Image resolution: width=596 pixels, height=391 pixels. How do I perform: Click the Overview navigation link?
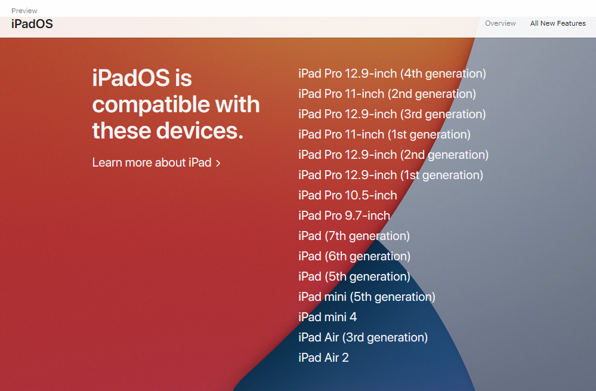point(500,23)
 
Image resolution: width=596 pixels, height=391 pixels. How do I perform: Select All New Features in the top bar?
point(558,23)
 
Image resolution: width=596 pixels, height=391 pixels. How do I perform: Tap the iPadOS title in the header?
point(32,24)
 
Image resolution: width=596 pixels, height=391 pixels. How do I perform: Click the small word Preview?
point(24,11)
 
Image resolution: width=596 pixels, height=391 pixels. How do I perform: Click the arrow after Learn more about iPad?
point(218,163)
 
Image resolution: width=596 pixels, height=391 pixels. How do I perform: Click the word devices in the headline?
point(199,131)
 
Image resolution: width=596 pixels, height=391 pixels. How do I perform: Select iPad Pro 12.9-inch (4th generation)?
point(393,73)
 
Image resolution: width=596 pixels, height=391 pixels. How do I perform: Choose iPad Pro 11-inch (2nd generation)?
point(387,94)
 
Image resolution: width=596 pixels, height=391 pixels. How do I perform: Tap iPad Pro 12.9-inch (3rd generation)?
point(392,114)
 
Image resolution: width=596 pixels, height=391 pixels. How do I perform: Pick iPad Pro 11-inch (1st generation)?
point(384,134)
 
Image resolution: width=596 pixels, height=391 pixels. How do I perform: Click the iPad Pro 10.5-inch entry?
point(347,195)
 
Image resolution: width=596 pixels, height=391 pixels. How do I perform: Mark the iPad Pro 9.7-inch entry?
point(344,215)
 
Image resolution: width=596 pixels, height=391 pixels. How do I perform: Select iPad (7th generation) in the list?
point(354,236)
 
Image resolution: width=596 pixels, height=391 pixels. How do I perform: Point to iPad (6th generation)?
point(354,256)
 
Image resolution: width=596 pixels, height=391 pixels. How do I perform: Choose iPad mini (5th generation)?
point(367,297)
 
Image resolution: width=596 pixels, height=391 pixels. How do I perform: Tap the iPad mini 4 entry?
point(328,317)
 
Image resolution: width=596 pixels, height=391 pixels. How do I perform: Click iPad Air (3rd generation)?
point(363,337)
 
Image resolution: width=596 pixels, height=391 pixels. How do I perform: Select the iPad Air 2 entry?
point(323,358)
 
